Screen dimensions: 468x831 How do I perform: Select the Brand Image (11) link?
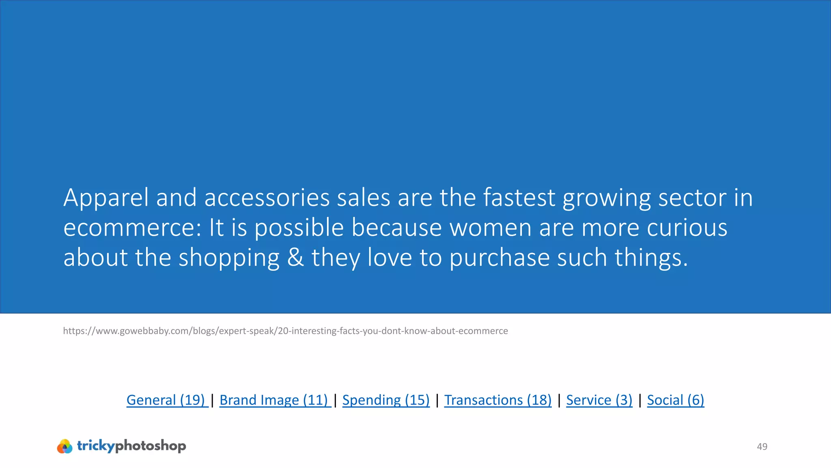(x=274, y=400)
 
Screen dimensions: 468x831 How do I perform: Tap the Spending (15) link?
(x=386, y=400)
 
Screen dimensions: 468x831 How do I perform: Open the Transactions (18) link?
(x=498, y=400)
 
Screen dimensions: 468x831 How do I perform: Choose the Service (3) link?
(x=599, y=400)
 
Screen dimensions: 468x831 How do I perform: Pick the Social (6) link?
(x=675, y=400)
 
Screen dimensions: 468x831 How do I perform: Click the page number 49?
(x=762, y=446)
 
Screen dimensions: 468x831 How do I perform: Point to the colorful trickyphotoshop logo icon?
(x=65, y=446)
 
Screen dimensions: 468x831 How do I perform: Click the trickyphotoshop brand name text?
(x=131, y=446)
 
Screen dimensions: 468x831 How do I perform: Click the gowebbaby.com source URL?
(x=285, y=331)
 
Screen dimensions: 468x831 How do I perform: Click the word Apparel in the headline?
(x=106, y=198)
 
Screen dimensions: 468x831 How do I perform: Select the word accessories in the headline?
(x=267, y=198)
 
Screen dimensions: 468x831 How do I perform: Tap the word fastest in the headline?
(x=519, y=198)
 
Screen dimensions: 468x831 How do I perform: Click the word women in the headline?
(x=491, y=228)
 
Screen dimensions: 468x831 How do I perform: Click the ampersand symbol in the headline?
(x=295, y=258)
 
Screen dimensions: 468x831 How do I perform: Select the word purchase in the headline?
(x=499, y=258)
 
